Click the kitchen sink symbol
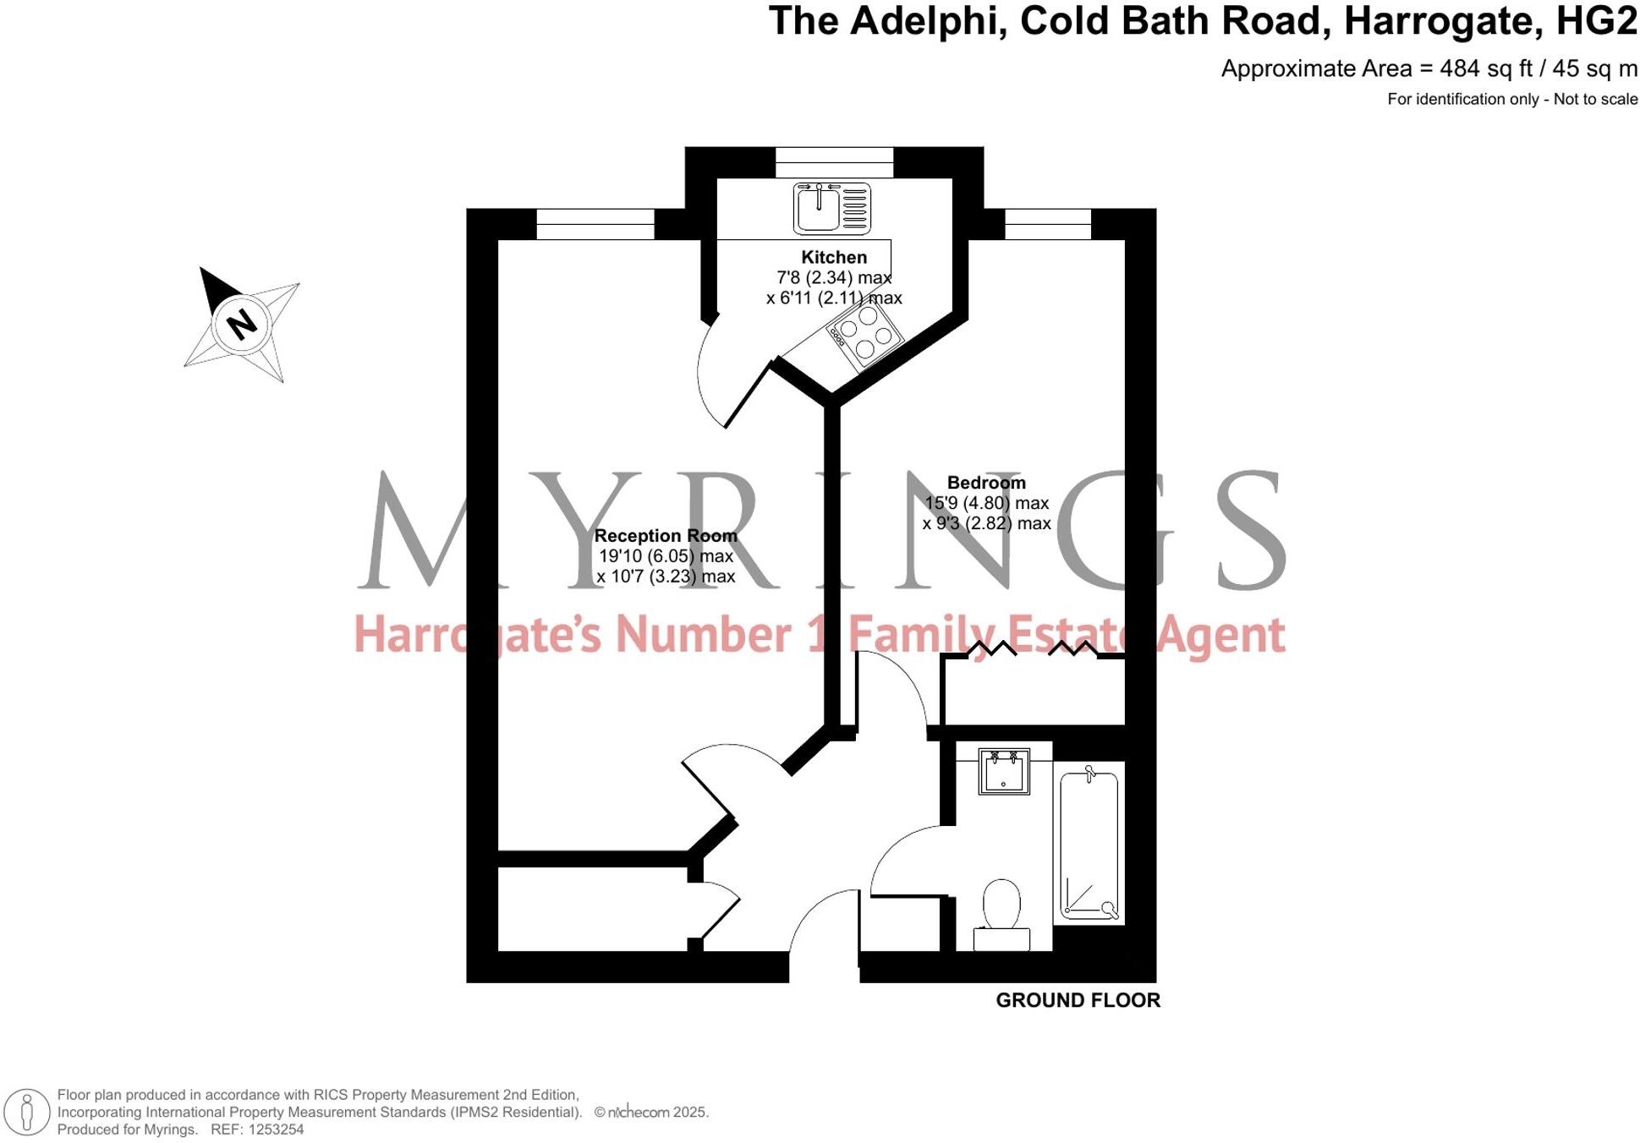pos(831,208)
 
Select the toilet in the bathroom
pos(1001,914)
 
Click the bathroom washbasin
pos(1004,771)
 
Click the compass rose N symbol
pos(242,324)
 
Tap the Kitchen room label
pos(834,257)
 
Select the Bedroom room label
pos(986,483)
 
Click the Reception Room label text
pos(666,536)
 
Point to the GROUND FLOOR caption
pos(1078,1000)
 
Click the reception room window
pos(595,224)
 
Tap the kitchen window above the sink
pos(834,161)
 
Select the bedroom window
pos(1048,224)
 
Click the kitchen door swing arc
pos(705,380)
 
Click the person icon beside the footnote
pos(27,1112)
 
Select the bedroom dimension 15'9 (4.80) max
pos(986,503)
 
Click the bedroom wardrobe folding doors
pos(1034,649)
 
